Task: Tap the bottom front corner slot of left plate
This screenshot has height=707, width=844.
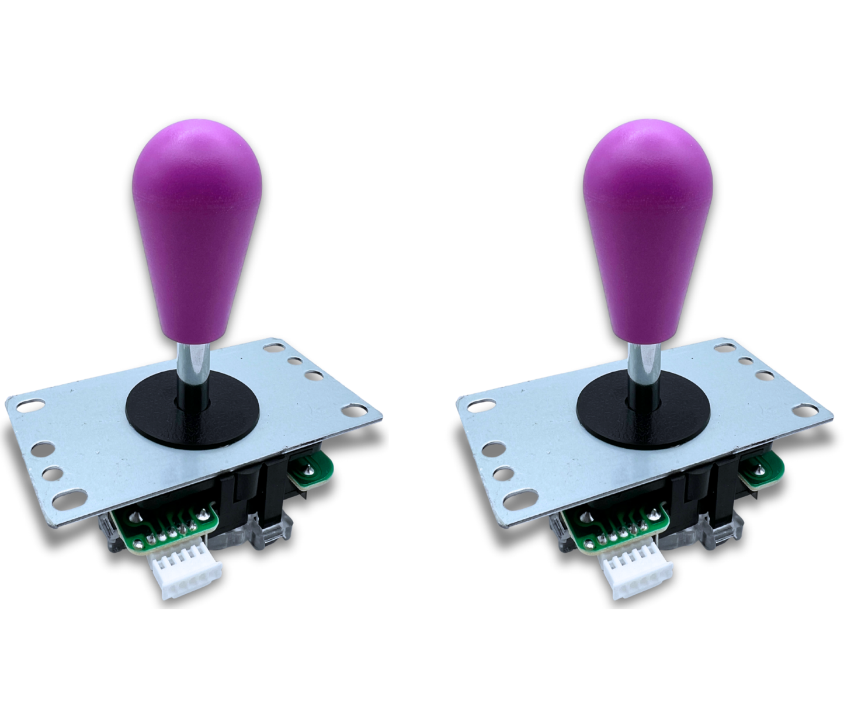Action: pos(68,500)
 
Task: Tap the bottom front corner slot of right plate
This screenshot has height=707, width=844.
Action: pos(517,500)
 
